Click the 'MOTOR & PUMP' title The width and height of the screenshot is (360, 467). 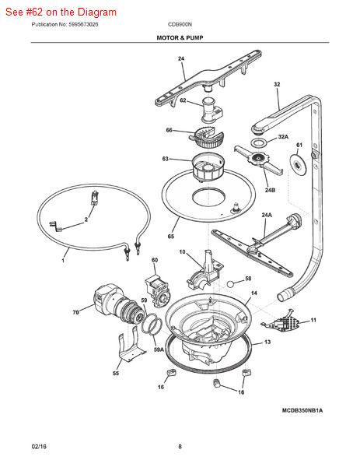180,37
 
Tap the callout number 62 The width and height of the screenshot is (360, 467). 183,100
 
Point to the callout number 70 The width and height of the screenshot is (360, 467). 75,313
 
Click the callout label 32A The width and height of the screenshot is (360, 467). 283,136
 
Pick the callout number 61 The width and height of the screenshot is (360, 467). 299,146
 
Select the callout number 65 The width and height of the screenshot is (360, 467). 170,237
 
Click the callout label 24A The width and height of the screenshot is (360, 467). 266,215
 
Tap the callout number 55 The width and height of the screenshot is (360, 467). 116,374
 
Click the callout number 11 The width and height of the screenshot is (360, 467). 313,320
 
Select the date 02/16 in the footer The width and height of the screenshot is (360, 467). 39,446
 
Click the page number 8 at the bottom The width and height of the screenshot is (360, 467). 180,446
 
